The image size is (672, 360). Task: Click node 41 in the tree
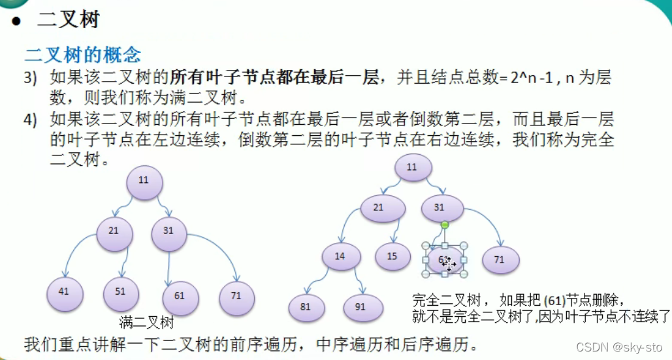(63, 292)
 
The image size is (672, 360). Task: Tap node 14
(340, 257)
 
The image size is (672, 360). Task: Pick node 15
(392, 256)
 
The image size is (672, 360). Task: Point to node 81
(306, 306)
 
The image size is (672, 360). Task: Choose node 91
(360, 307)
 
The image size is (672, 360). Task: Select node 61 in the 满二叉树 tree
(179, 296)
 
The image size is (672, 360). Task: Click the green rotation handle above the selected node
(445, 225)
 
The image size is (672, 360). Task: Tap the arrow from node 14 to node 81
(315, 279)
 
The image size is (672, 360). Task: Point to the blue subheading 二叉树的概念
(82, 54)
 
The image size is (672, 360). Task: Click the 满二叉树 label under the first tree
(147, 323)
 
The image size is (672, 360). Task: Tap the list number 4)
(31, 120)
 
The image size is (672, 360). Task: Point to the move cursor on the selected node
(449, 263)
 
